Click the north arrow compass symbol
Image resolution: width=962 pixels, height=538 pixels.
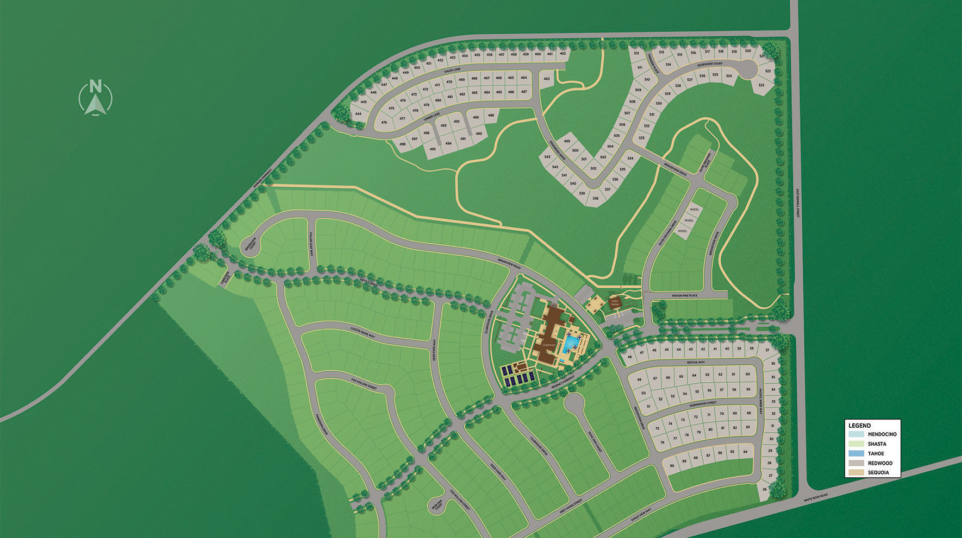96,98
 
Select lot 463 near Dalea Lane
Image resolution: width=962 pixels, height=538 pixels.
546,79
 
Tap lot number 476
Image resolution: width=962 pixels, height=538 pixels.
384,123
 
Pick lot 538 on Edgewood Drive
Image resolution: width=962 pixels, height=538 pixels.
595,198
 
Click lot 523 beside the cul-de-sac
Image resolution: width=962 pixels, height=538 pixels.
761,85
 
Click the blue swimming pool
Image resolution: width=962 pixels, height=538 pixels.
571,344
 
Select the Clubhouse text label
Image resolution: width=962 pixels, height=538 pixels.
549,344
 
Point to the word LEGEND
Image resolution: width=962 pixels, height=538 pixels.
859,426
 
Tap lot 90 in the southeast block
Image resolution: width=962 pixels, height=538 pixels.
672,466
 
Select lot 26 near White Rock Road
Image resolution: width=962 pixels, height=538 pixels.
765,490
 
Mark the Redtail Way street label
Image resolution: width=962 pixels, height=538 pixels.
696,362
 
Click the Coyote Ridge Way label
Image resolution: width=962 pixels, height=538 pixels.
363,332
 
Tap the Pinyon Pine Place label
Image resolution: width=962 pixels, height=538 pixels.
684,295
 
